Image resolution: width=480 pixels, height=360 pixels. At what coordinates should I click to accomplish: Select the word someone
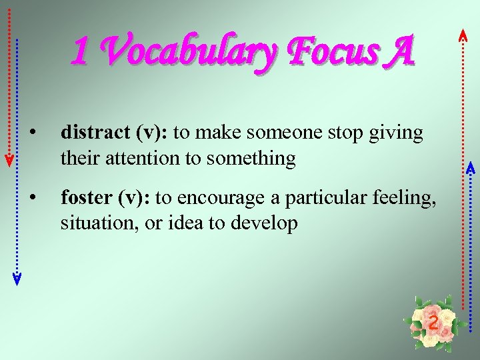[274, 133]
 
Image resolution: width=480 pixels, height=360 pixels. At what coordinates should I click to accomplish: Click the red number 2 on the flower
[433, 323]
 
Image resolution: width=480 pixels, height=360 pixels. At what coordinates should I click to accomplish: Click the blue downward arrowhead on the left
[17, 279]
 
